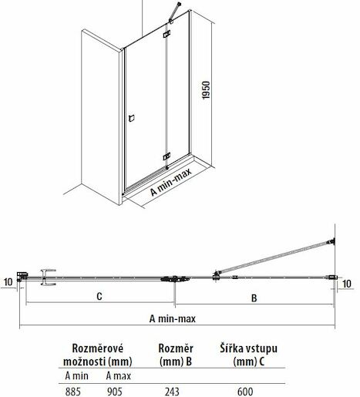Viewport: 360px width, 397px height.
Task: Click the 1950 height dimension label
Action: pos(206,90)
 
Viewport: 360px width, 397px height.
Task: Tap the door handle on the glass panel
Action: pos(132,118)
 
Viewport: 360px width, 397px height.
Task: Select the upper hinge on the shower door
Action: pos(167,34)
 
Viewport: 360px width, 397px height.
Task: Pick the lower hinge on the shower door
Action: pos(167,156)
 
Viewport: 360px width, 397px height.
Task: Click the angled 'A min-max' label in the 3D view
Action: pos(171,182)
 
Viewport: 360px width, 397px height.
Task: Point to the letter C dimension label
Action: pos(99,296)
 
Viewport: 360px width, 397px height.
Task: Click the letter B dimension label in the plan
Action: pos(254,298)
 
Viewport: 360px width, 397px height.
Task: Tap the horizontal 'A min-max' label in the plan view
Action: pos(173,318)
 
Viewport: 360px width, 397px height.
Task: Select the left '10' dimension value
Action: pos(8,281)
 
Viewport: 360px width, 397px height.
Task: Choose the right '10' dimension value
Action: pos(347,284)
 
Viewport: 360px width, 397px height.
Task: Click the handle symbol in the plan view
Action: pos(49,278)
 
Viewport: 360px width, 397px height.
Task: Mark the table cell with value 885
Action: pos(73,392)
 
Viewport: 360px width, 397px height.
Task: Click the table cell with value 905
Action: pos(114,392)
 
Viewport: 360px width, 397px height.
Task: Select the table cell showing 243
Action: pos(172,392)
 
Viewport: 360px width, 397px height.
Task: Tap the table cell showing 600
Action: pos(245,392)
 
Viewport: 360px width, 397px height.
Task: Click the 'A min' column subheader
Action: pos(76,376)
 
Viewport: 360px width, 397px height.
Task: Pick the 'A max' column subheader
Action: pos(119,376)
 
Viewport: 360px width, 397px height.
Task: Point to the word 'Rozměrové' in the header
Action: pos(98,348)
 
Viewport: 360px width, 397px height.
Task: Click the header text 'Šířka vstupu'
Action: pos(248,348)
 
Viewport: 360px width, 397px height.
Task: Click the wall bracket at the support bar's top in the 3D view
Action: pos(179,5)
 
